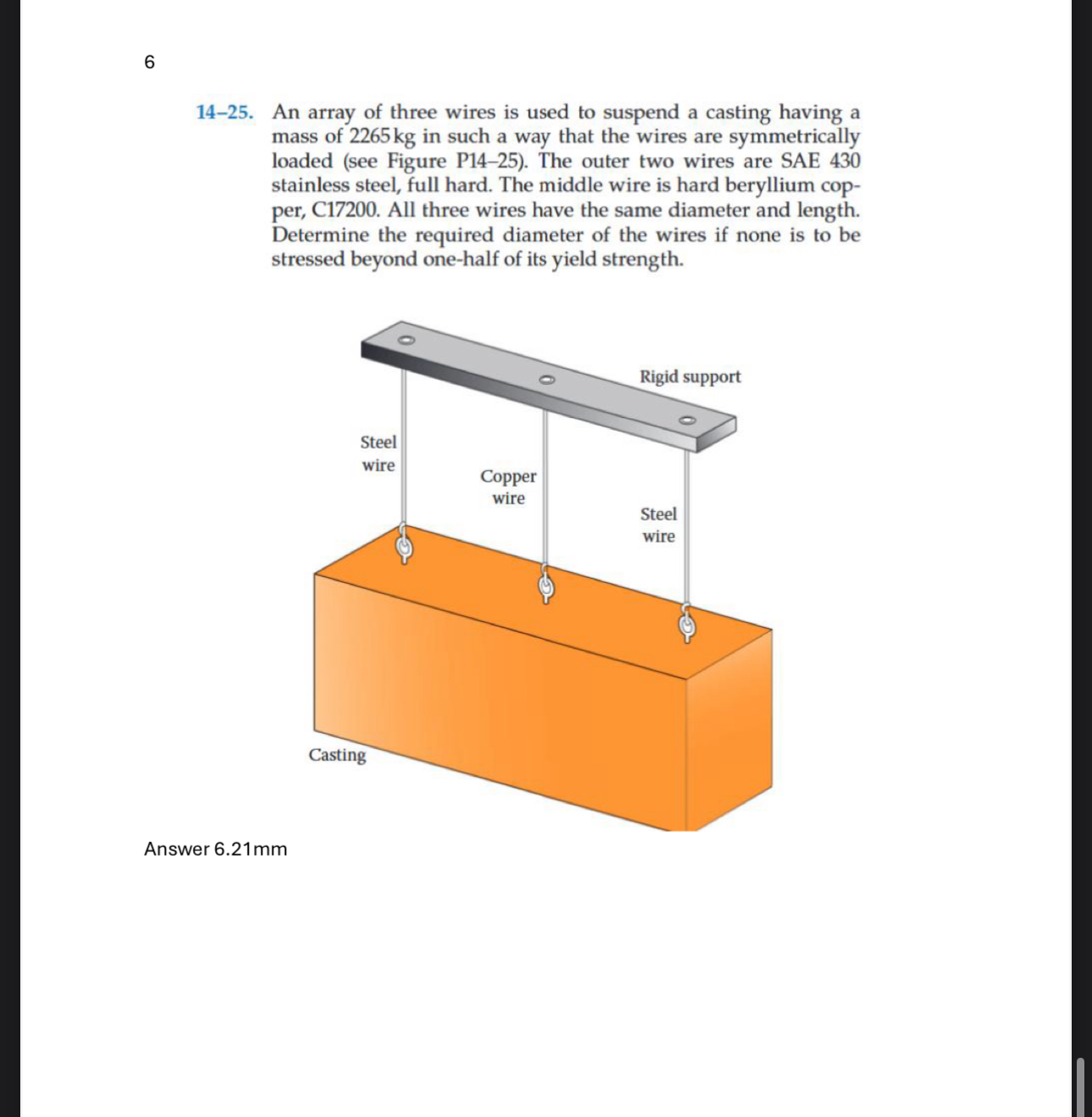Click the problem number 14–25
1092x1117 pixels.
224,113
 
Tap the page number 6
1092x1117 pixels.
150,62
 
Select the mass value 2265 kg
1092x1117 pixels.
382,137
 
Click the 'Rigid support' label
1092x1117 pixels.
689,377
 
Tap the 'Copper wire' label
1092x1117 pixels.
508,487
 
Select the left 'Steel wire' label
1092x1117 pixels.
378,454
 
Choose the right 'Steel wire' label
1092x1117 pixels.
658,525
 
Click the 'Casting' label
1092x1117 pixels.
337,755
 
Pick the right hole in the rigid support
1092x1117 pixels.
687,420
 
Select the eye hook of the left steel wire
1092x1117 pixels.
405,546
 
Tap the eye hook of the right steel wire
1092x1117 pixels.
687,624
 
